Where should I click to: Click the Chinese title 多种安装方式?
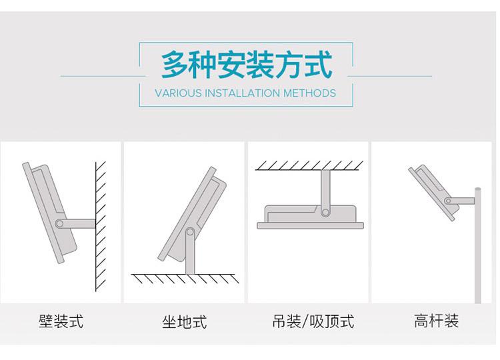click(246, 65)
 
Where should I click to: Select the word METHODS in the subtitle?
click(309, 93)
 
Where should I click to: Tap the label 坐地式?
click(185, 323)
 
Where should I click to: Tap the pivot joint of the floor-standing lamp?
click(191, 233)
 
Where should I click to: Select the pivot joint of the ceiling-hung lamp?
click(326, 211)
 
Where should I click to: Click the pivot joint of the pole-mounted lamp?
click(451, 199)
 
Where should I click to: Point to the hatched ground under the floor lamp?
click(184, 278)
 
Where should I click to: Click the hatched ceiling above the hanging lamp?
click(309, 165)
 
